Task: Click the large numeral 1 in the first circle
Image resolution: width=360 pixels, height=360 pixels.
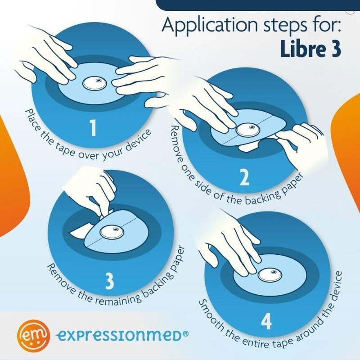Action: click(93, 127)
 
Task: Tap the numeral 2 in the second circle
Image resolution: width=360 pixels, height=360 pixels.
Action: click(244, 178)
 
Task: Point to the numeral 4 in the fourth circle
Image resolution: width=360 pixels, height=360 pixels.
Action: click(266, 322)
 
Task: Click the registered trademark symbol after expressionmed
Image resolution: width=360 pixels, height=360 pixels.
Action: click(185, 333)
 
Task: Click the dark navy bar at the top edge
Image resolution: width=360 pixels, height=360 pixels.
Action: click(256, 4)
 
